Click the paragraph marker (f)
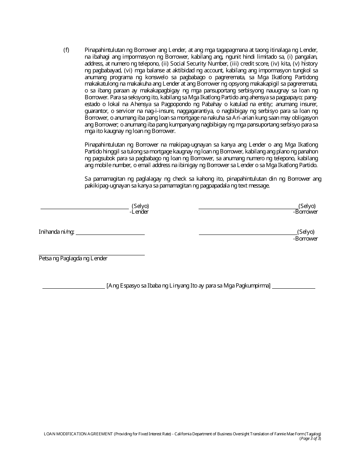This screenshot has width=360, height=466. [x=66, y=50]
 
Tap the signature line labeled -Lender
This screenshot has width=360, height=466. [x=85, y=208]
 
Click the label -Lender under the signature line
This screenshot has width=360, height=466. [x=139, y=212]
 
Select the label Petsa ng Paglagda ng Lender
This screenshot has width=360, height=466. [x=73, y=258]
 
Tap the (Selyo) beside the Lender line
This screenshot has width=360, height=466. [x=140, y=206]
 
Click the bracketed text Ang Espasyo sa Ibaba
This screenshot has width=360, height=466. [x=188, y=286]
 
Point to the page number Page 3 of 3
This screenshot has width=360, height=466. [x=310, y=438]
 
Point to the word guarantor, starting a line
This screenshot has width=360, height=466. [x=97, y=111]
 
